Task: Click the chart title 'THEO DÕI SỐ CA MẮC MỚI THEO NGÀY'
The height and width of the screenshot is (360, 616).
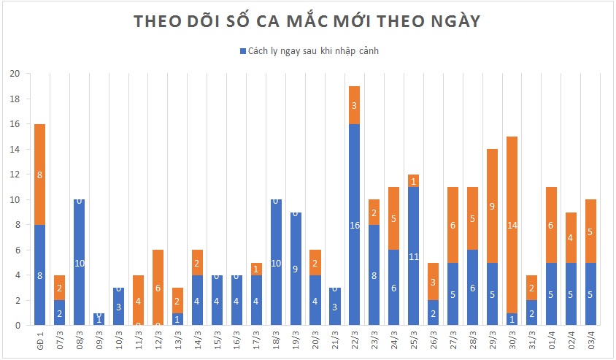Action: [x=307, y=22]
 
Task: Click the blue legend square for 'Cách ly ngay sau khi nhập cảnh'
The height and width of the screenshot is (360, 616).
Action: [x=242, y=51]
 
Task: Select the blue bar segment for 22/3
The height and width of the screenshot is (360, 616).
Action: [x=355, y=225]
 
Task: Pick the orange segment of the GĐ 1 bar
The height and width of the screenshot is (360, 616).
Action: [x=40, y=175]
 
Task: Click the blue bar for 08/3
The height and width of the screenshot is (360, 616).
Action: [x=80, y=262]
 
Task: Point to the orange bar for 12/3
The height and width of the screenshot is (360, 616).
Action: [x=158, y=287]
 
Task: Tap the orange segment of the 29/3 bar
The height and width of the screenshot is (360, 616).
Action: [x=492, y=206]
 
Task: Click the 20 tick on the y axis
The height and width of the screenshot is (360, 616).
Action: [x=15, y=74]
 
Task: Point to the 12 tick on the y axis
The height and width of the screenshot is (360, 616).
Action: [x=15, y=175]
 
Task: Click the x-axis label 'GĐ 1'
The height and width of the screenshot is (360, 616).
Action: [x=40, y=338]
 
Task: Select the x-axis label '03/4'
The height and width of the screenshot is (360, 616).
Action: [x=590, y=338]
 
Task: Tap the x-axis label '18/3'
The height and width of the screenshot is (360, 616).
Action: [x=276, y=338]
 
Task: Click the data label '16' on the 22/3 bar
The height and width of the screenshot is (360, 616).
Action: [x=355, y=226]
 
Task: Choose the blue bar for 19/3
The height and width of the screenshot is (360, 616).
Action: [x=296, y=268]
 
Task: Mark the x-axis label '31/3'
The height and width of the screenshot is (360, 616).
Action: [x=531, y=338]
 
